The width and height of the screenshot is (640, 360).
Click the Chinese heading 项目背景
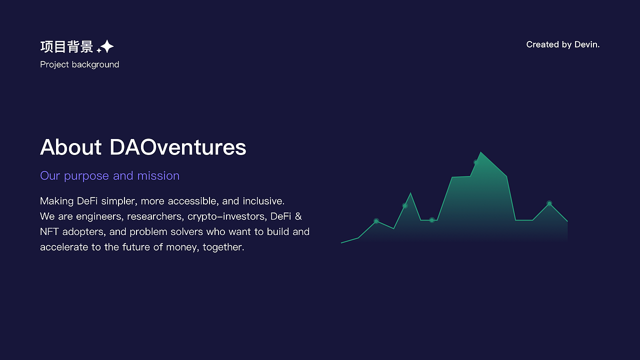click(x=66, y=46)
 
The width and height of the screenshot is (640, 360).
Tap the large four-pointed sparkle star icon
click(x=107, y=46)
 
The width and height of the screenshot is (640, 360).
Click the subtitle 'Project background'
click(x=79, y=64)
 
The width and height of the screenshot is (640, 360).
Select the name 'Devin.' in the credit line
click(x=587, y=44)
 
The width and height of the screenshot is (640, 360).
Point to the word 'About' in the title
click(x=70, y=147)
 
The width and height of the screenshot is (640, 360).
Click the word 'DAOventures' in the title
click(x=177, y=147)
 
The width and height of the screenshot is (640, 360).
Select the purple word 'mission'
click(x=158, y=175)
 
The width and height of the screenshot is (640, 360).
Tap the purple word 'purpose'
click(x=86, y=176)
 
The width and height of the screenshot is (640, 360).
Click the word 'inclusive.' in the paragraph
click(x=263, y=201)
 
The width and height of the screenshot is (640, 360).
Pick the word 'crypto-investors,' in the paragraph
click(x=227, y=217)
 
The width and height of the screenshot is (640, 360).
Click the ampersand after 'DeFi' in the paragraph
click(x=298, y=216)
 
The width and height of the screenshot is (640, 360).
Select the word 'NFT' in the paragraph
click(x=49, y=231)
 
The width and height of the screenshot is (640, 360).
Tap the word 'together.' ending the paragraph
click(x=223, y=247)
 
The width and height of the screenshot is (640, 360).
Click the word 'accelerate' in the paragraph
click(x=64, y=247)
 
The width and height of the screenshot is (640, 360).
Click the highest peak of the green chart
click(x=481, y=152)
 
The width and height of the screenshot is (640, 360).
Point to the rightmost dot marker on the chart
click(x=549, y=203)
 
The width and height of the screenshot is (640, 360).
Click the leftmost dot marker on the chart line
click(x=376, y=221)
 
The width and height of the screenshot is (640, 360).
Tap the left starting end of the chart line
click(x=341, y=243)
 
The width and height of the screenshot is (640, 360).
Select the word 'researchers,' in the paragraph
click(x=154, y=216)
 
